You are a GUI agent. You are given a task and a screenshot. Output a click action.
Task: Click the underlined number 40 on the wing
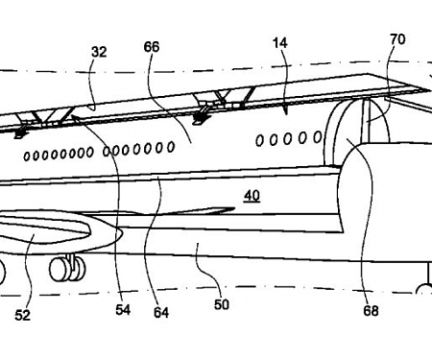(x=251, y=195)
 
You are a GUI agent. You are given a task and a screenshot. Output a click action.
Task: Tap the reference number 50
(x=222, y=304)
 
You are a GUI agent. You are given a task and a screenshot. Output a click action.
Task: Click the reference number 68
(x=370, y=310)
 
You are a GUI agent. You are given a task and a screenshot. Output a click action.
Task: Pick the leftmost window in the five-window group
(x=259, y=142)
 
